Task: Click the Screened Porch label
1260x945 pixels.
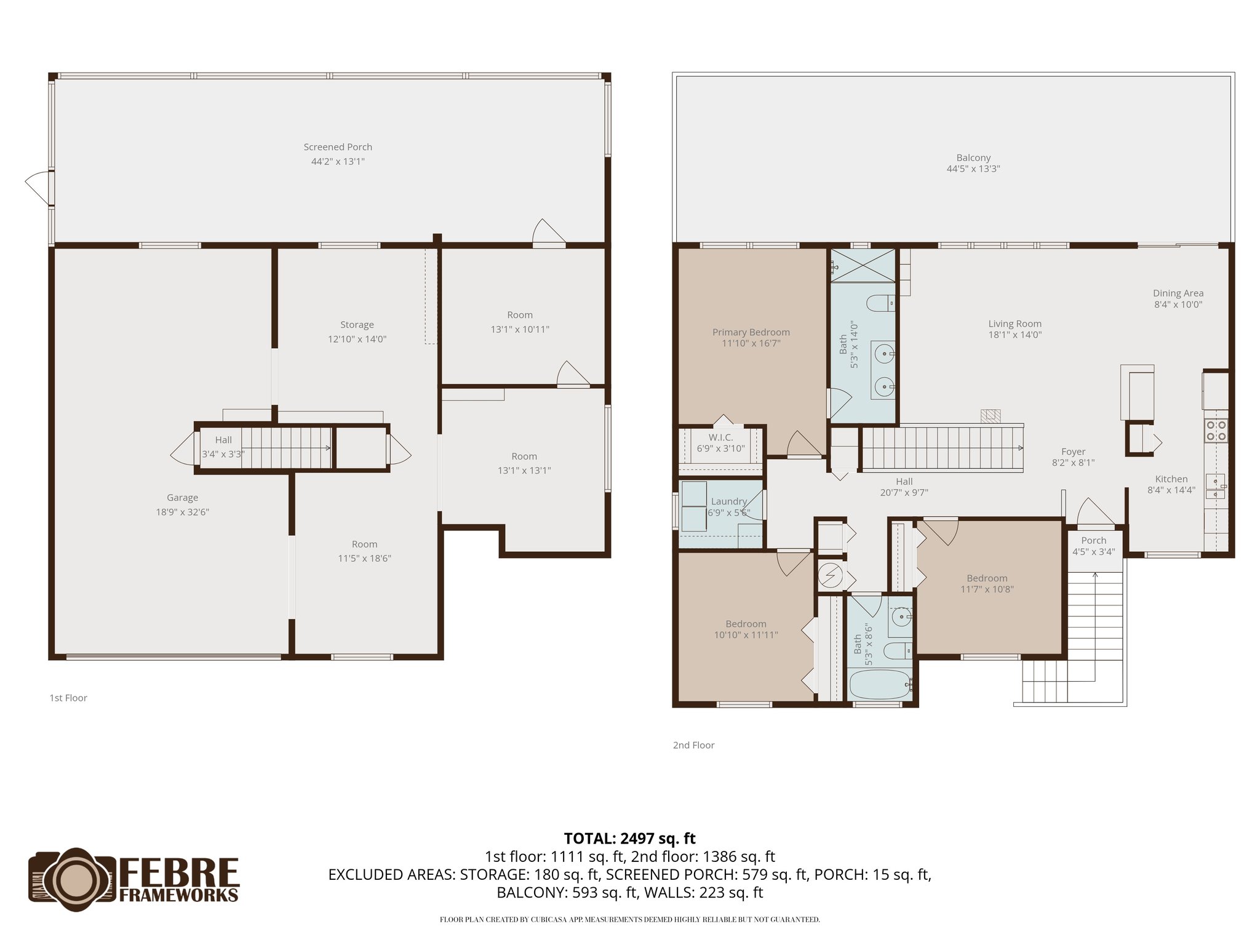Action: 338,147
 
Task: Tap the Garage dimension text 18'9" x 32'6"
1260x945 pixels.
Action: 182,512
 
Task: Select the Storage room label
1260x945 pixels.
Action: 357,325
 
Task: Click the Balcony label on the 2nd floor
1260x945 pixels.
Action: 973,157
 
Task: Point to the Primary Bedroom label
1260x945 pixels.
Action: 751,332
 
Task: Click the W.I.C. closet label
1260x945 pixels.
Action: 720,437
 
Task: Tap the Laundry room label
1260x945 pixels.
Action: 728,501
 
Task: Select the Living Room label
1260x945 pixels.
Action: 1015,324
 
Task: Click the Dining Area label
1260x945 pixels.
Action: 1178,293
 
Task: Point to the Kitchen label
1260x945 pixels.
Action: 1171,479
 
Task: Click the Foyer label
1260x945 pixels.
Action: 1073,452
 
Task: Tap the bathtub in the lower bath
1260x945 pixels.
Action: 880,684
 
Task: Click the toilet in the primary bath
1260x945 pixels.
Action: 879,303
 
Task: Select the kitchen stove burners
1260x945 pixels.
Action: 1216,430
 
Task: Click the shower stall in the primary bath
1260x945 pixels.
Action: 863,265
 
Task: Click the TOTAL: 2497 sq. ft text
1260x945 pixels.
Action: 629,838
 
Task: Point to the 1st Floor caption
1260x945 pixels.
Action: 68,698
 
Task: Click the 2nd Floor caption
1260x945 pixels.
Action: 693,745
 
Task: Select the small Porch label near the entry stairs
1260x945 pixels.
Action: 1093,541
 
